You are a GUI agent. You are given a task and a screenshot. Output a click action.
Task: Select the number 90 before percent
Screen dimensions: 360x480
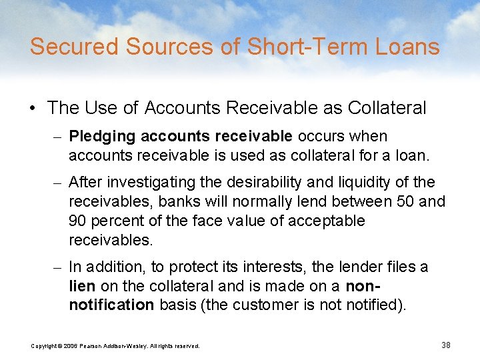[x=78, y=220]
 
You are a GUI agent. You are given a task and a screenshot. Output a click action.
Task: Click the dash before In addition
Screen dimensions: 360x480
[x=59, y=267]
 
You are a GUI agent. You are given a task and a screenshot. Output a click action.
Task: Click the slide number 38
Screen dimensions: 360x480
[x=446, y=345]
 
